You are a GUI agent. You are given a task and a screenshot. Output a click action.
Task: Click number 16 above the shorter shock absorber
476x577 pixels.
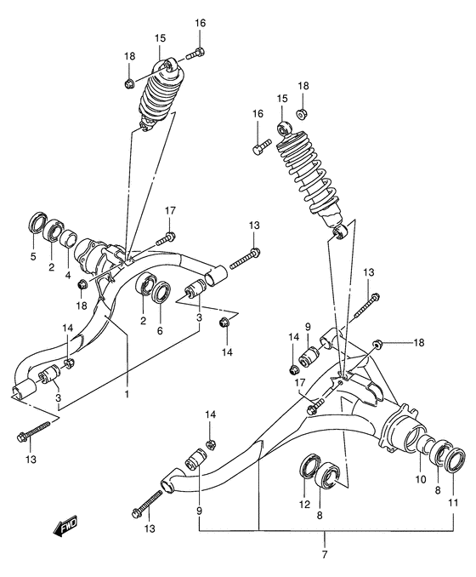pyautogui.click(x=201, y=23)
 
